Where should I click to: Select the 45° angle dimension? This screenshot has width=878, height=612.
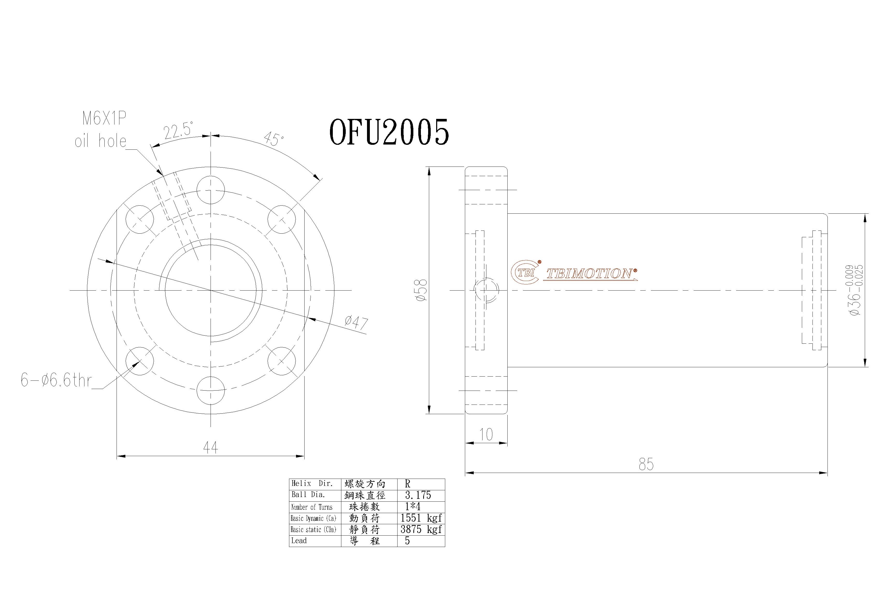[x=274, y=139]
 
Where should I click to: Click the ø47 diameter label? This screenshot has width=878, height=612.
[x=356, y=322]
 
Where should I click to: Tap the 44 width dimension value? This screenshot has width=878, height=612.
[x=210, y=447]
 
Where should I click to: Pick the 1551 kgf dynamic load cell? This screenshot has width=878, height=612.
[x=421, y=518]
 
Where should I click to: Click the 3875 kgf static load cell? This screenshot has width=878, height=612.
[x=421, y=529]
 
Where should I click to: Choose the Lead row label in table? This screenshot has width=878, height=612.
[x=299, y=541]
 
